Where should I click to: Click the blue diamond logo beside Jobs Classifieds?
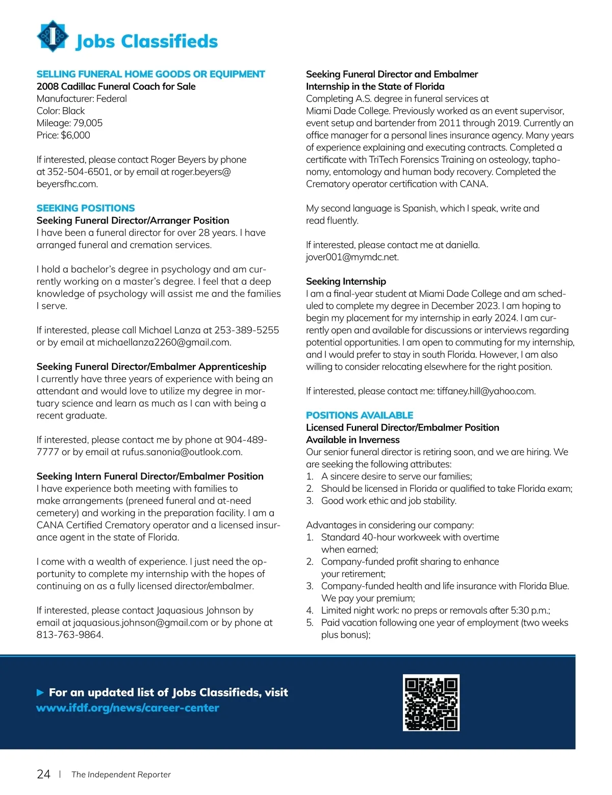coord(53,36)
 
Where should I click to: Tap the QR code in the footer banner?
coord(431,703)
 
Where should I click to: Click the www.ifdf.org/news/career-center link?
coord(127,708)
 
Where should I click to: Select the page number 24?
coord(44,774)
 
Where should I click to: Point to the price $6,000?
coord(75,135)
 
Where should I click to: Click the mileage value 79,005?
coord(88,123)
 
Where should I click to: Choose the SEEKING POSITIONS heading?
coord(86,208)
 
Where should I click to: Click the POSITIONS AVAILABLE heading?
coord(360,415)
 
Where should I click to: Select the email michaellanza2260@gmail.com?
coord(163,342)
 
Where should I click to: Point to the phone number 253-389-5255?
coord(247,330)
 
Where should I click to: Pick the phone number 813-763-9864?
coord(69,635)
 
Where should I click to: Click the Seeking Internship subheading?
coord(346,281)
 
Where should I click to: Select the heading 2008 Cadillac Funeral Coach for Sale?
coord(116,86)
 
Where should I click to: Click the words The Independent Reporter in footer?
coord(121,775)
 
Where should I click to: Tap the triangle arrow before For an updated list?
coord(40,692)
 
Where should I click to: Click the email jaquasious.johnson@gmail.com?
coord(141,623)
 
